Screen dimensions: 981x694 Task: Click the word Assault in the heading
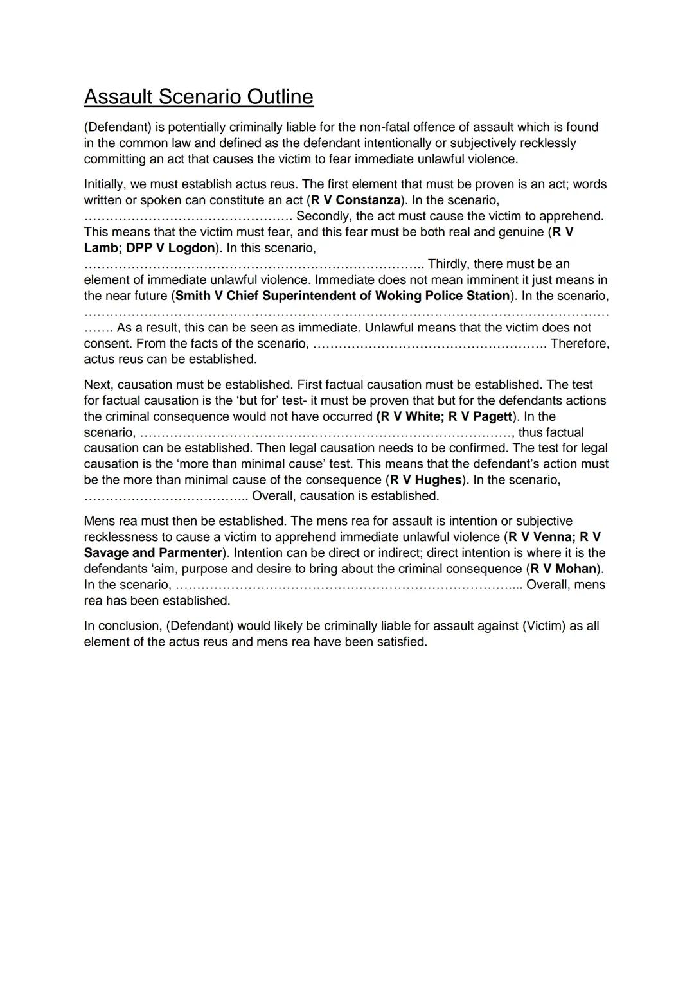tap(118, 97)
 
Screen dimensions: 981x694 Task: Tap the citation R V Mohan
tap(563, 569)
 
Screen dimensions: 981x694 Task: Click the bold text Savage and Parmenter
tap(153, 553)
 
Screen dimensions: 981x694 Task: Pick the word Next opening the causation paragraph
tap(98, 385)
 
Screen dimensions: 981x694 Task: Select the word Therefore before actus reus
tap(580, 344)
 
